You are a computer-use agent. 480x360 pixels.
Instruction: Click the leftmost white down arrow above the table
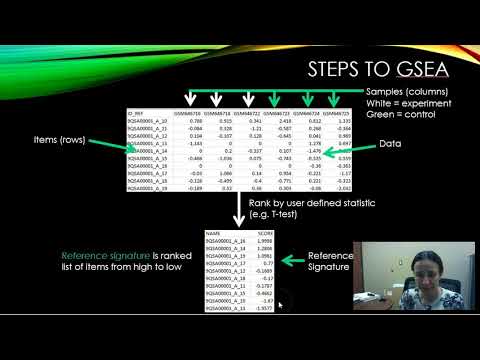(x=189, y=100)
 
